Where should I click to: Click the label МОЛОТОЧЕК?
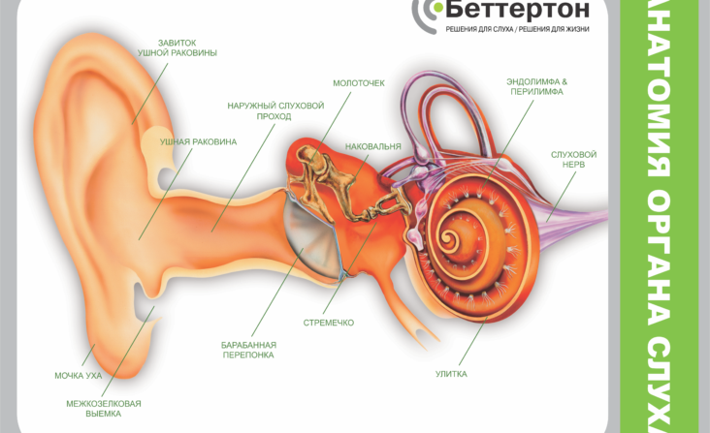(x=359, y=83)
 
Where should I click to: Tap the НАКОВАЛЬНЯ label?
(x=373, y=147)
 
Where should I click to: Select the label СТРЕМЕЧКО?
(x=329, y=323)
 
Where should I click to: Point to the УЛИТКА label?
(x=451, y=374)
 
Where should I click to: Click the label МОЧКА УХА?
(x=79, y=376)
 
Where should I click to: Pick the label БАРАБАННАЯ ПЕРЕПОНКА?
(x=248, y=350)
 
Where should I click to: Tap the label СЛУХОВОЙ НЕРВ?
(x=573, y=160)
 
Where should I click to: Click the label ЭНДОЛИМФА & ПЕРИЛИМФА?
(x=537, y=87)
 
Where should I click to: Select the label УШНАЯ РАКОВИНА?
(x=198, y=142)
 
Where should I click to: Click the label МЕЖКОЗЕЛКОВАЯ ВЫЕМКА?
(x=104, y=409)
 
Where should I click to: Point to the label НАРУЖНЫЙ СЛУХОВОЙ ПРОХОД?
(x=275, y=110)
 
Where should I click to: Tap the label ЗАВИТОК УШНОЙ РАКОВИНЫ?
(x=177, y=47)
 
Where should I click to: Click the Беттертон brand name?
(x=517, y=9)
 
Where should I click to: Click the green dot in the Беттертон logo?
(x=436, y=7)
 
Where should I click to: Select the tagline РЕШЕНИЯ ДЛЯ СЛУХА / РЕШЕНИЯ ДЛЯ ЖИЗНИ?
(x=518, y=29)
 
